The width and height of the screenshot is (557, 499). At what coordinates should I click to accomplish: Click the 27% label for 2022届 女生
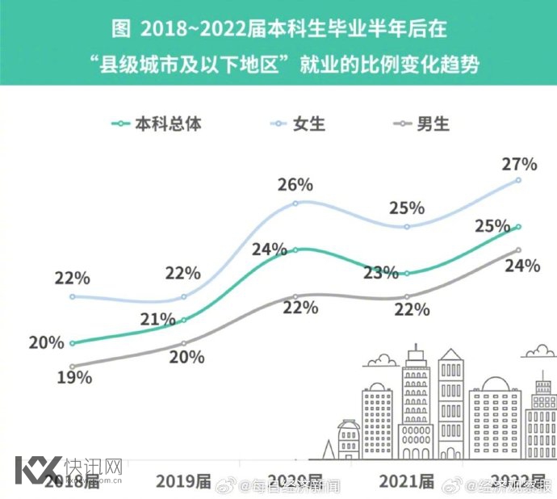520,164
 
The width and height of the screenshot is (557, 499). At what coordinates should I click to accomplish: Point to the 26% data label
295,184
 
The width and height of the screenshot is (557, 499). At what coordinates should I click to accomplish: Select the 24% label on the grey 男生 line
522,266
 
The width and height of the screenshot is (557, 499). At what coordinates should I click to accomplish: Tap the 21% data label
157,319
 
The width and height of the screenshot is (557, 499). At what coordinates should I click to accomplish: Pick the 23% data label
381,272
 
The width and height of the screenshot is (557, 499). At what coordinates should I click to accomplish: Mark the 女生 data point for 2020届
295,203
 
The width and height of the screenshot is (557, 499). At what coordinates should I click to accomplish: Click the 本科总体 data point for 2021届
407,274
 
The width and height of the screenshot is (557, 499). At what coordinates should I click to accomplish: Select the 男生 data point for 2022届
518,250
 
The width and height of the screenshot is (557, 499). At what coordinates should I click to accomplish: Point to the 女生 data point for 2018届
73,296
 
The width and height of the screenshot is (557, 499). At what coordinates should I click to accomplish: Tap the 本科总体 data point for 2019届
184,320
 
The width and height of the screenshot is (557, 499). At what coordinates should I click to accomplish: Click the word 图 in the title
120,31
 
